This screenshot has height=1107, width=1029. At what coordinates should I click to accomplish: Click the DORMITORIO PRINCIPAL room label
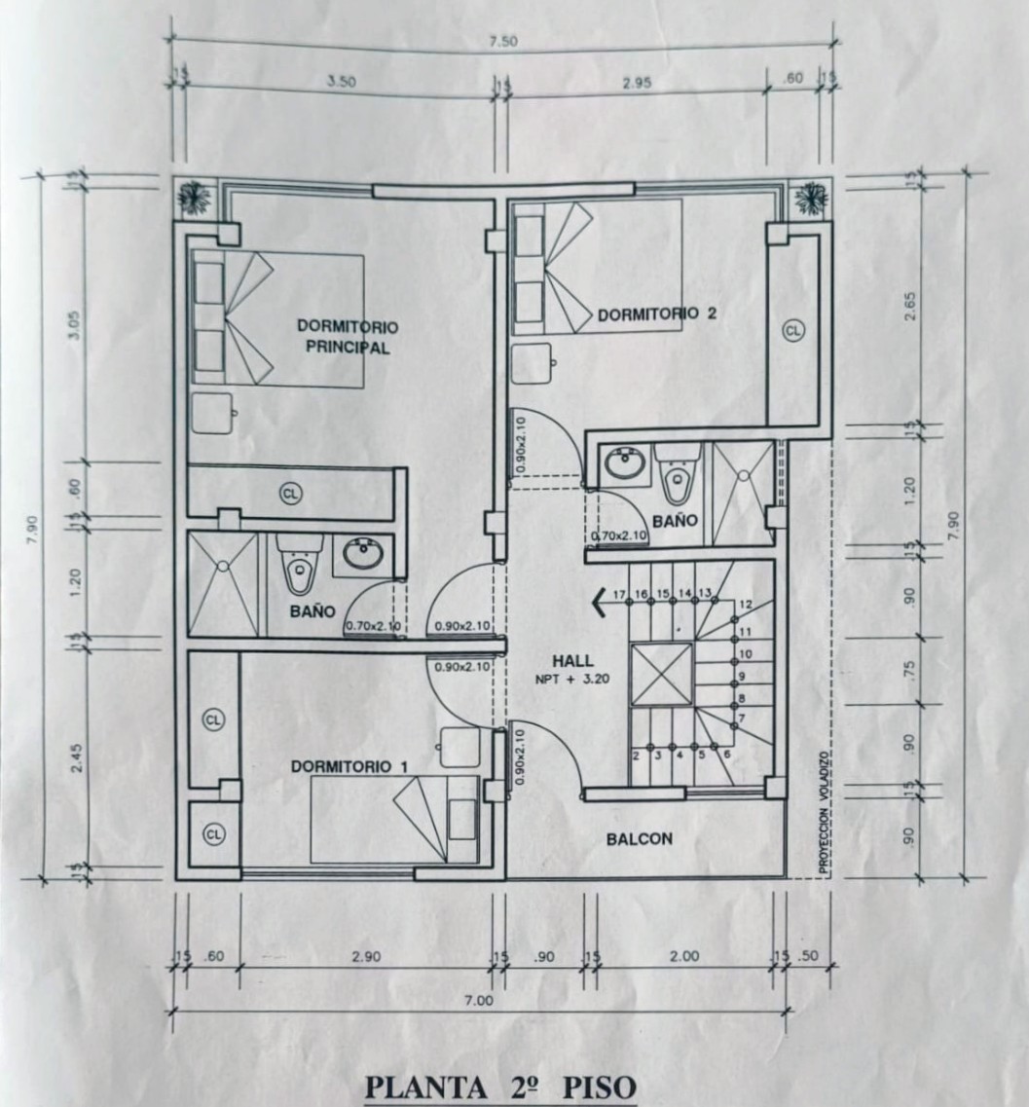[x=347, y=337]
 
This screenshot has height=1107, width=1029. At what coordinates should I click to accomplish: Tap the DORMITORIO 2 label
[x=657, y=314]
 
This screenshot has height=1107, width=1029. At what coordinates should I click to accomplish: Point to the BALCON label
[x=640, y=839]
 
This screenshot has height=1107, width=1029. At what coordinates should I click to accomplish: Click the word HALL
[x=572, y=661]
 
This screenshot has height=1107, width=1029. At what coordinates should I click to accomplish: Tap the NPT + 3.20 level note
[x=573, y=680]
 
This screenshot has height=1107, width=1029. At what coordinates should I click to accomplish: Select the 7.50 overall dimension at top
[x=503, y=42]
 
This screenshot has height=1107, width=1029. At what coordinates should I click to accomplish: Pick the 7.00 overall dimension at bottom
[x=479, y=1001]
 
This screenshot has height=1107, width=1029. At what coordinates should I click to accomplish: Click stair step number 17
[x=619, y=595]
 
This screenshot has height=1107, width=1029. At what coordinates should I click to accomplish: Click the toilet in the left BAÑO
[x=300, y=564]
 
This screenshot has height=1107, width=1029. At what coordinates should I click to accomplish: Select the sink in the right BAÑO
[x=625, y=464]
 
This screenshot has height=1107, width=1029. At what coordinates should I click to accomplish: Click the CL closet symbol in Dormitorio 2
[x=794, y=330]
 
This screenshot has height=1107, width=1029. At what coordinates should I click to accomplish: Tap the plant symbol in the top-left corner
[x=192, y=199]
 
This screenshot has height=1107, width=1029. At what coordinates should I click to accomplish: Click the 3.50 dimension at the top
[x=342, y=81]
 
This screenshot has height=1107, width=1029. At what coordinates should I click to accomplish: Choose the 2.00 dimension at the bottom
[x=683, y=956]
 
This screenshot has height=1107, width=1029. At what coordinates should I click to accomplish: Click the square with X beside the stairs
[x=661, y=675]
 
